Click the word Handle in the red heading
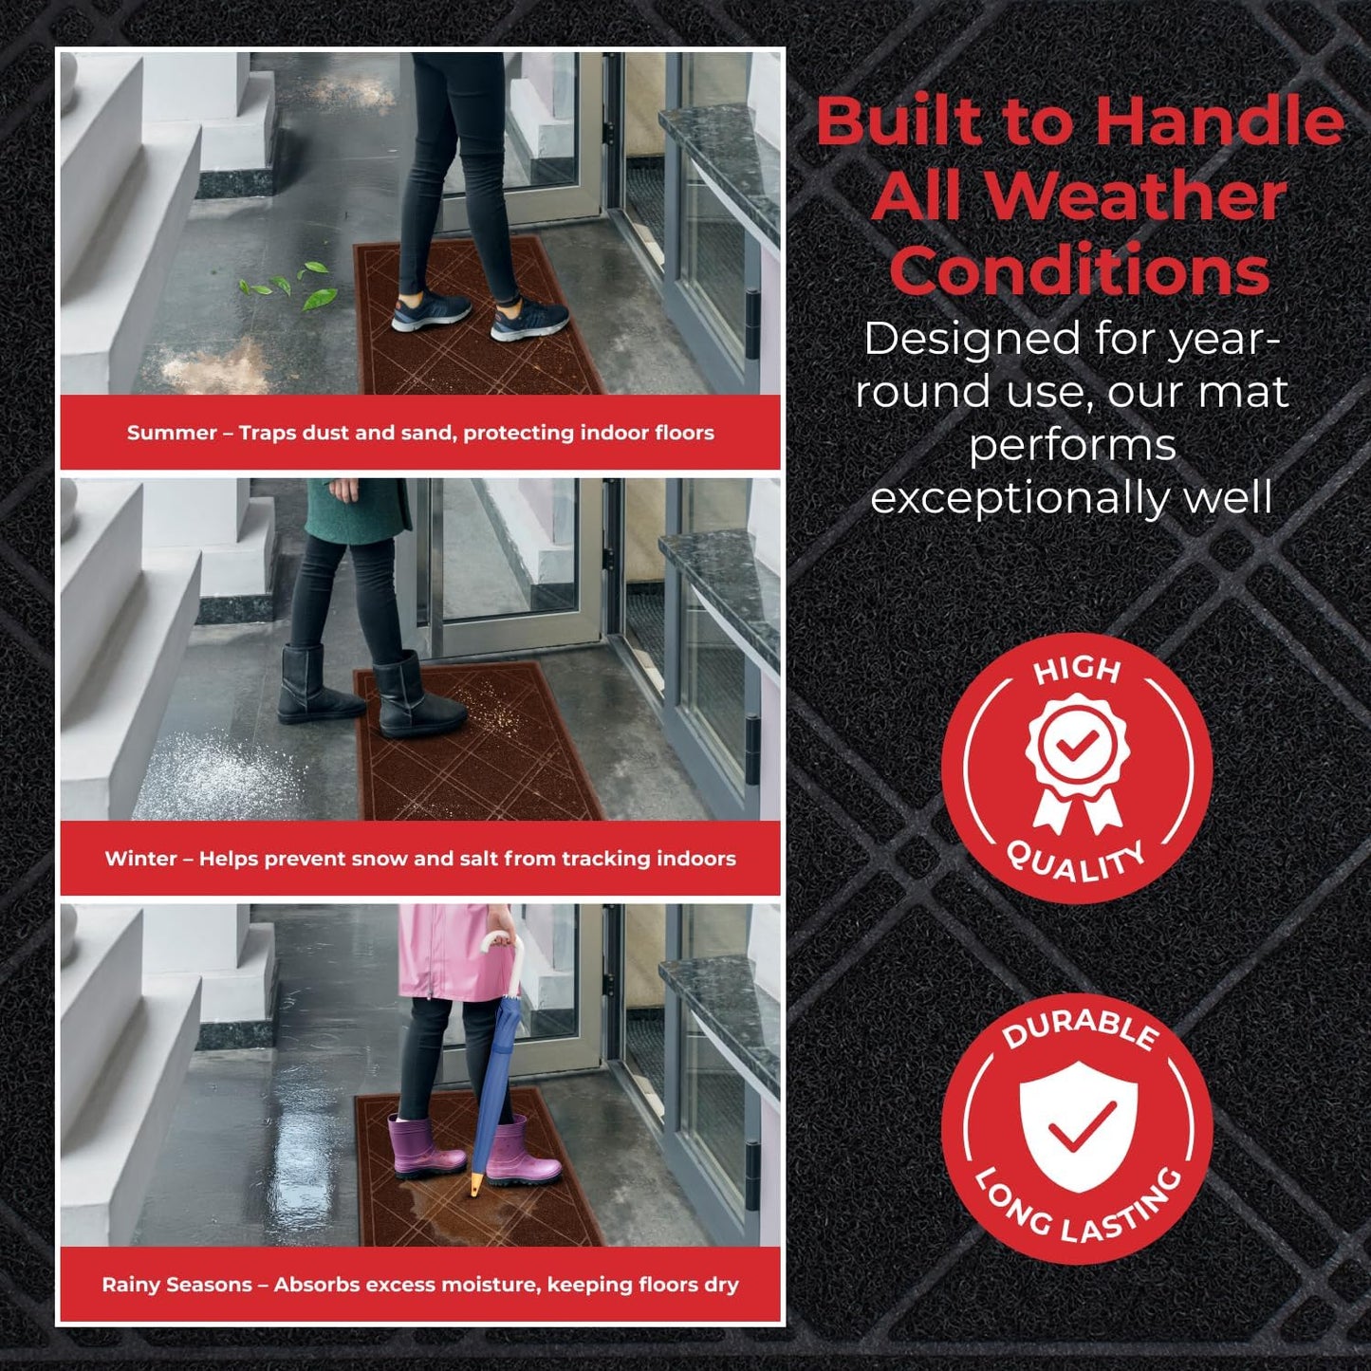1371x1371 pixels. pos(1219,121)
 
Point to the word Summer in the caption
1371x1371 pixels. pos(172,434)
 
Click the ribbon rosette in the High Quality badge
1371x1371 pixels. pos(1077,759)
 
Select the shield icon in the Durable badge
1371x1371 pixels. pos(1078,1125)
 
